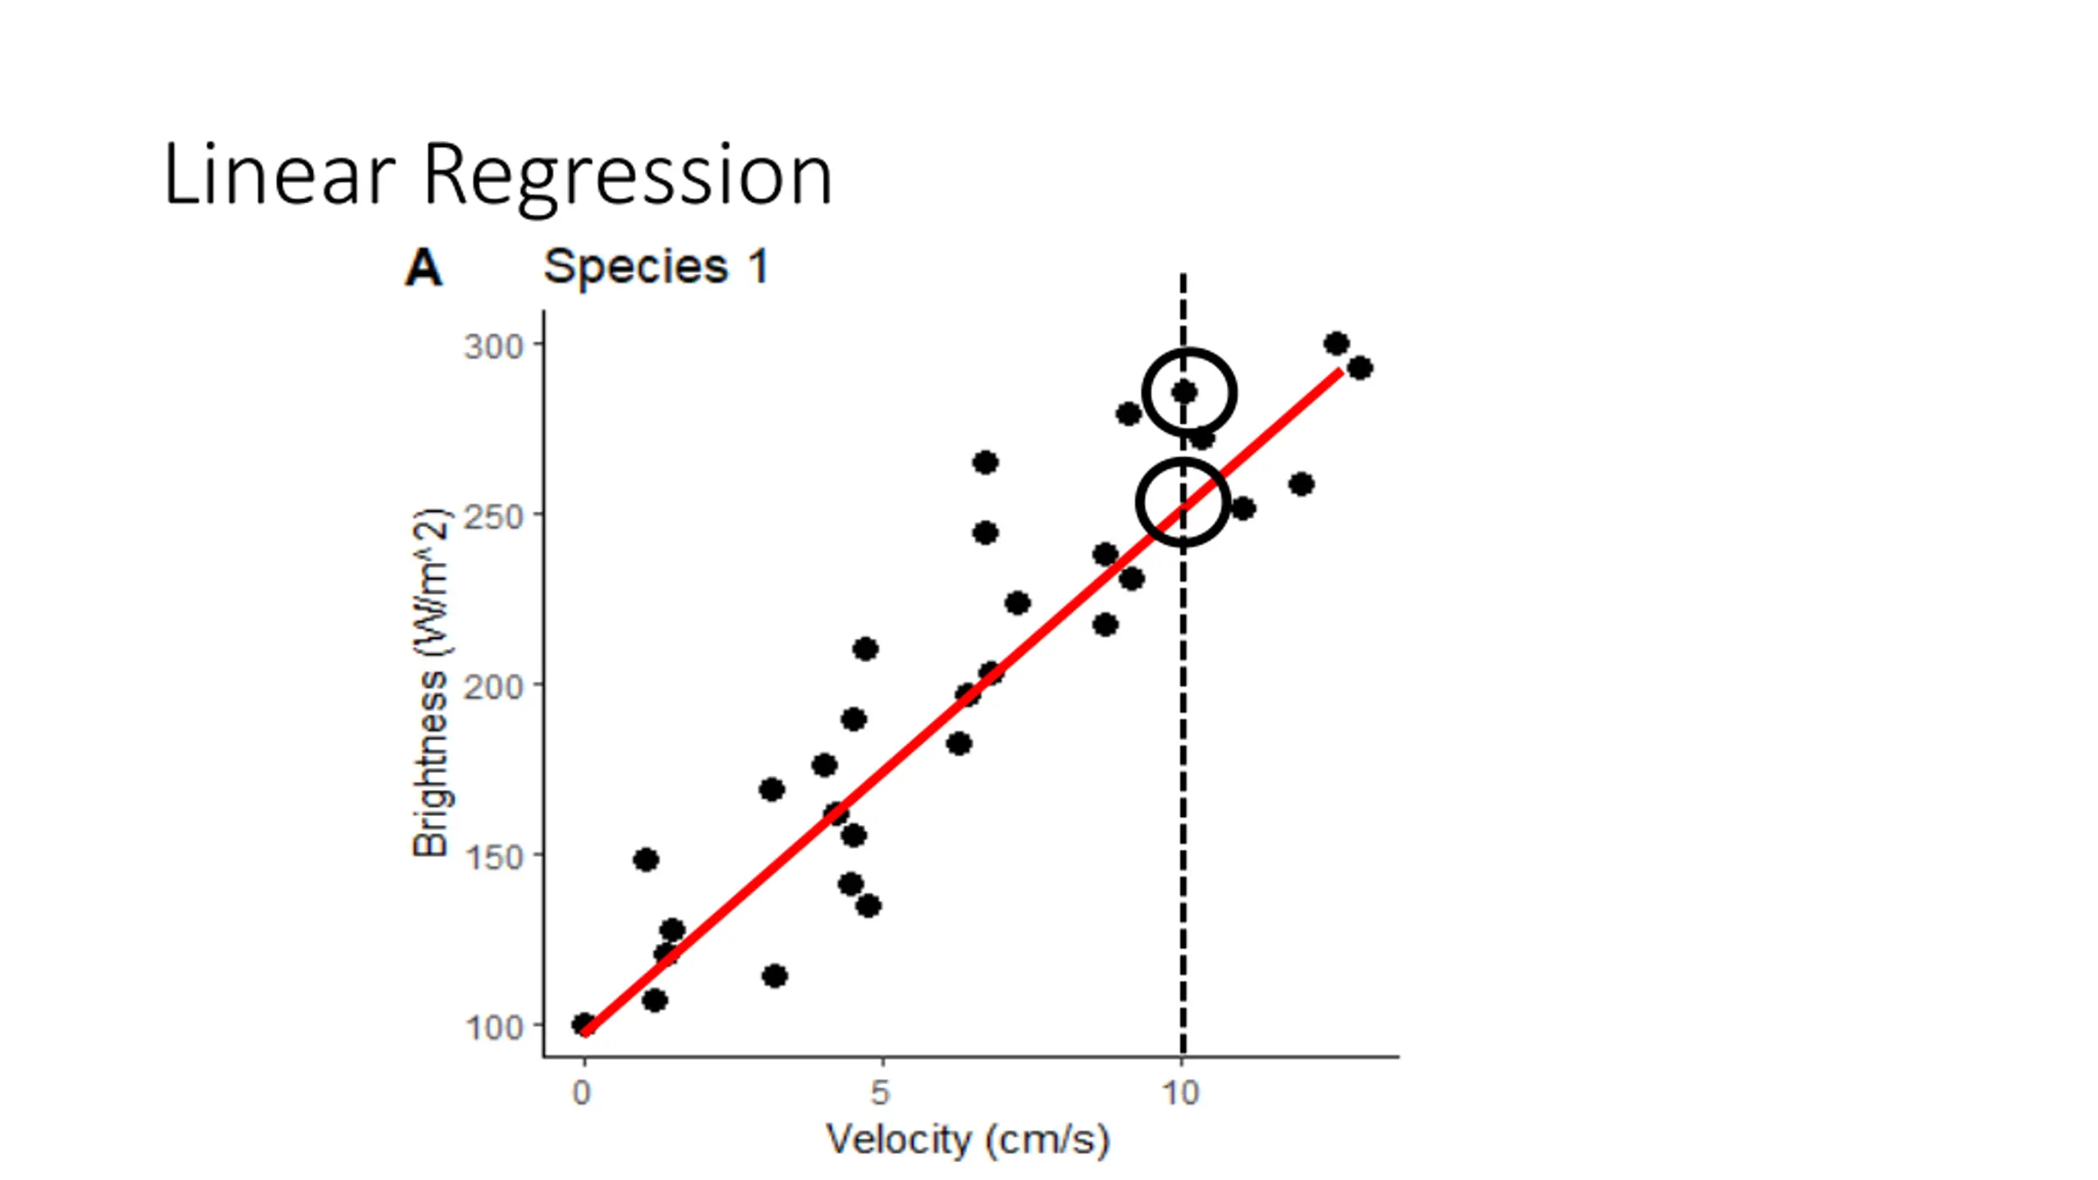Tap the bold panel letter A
[x=424, y=267]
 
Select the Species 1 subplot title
[x=656, y=266]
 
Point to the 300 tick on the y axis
[x=493, y=346]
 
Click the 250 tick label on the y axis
[x=493, y=516]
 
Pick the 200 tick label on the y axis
[x=493, y=686]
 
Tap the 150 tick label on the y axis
[x=493, y=856]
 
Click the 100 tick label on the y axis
[x=493, y=1027]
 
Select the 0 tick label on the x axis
[x=582, y=1092]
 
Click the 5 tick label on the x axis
[x=880, y=1092]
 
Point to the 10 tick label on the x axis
[x=1181, y=1092]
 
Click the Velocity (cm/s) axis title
[x=968, y=1140]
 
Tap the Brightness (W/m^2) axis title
[x=430, y=683]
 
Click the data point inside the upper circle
[x=1184, y=393]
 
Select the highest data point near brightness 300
[x=1336, y=343]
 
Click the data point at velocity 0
[x=583, y=1023]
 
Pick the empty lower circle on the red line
[x=1183, y=502]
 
